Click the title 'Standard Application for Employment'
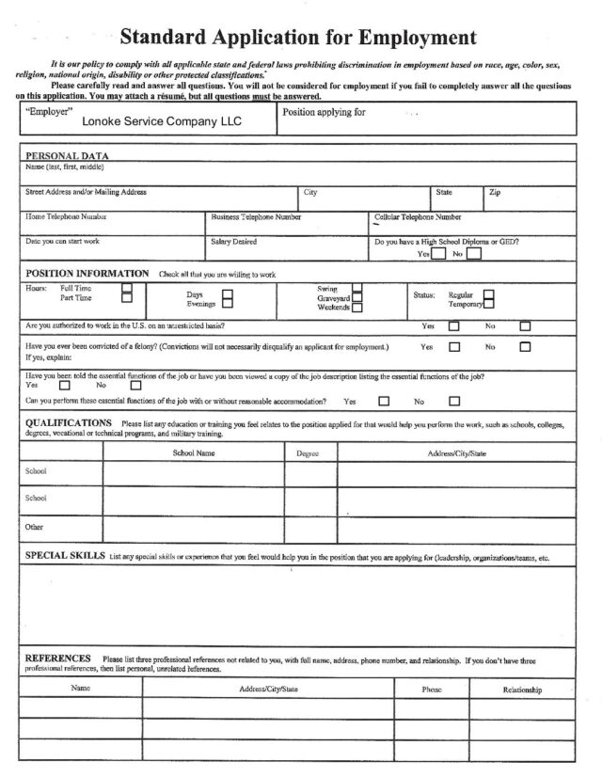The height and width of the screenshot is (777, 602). pyautogui.click(x=299, y=38)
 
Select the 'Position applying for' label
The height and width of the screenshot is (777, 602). pyautogui.click(x=324, y=111)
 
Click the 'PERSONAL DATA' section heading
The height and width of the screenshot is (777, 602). pyautogui.click(x=67, y=155)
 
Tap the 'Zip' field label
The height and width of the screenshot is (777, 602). pyautogui.click(x=495, y=192)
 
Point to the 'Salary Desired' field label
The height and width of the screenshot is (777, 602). pyautogui.click(x=233, y=241)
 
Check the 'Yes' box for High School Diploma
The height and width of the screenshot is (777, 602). pyautogui.click(x=437, y=253)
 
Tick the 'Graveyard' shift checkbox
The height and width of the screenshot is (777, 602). pyautogui.click(x=356, y=297)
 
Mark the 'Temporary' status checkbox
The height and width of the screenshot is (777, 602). pyautogui.click(x=489, y=304)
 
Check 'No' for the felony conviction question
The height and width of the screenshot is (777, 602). pyautogui.click(x=525, y=346)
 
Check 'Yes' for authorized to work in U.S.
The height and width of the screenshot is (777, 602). pyautogui.click(x=453, y=326)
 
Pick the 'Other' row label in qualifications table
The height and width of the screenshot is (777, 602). pyautogui.click(x=34, y=528)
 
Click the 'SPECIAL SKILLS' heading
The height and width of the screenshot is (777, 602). pyautogui.click(x=65, y=557)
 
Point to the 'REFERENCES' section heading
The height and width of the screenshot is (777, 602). pyautogui.click(x=57, y=658)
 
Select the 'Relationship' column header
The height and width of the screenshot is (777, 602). pyautogui.click(x=522, y=690)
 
